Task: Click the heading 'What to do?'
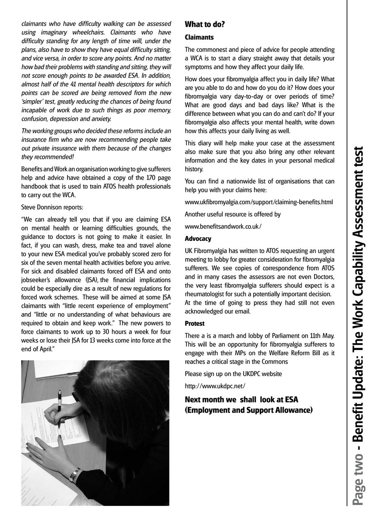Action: (x=205, y=24)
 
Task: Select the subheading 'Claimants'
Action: (x=199, y=37)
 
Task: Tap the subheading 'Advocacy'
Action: (x=198, y=238)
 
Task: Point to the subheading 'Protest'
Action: (x=194, y=323)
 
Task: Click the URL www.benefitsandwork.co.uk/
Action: (x=223, y=226)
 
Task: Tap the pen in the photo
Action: (x=60, y=407)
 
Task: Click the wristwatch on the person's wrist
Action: (x=75, y=474)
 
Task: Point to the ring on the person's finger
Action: (x=39, y=456)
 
